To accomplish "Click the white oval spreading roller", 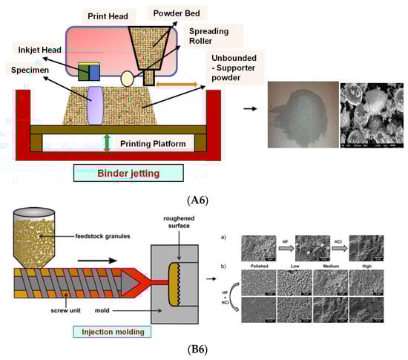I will pos(126,76).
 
